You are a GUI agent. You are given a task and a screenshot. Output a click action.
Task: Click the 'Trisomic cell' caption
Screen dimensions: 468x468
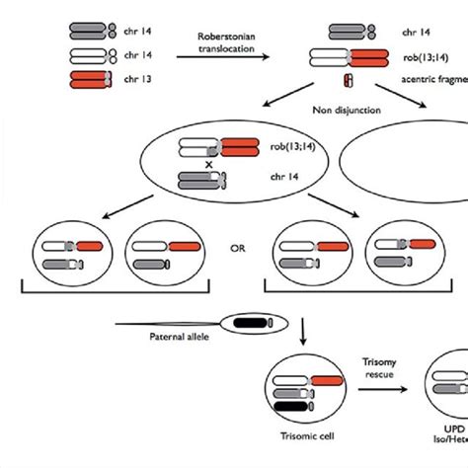coord(299,438)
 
